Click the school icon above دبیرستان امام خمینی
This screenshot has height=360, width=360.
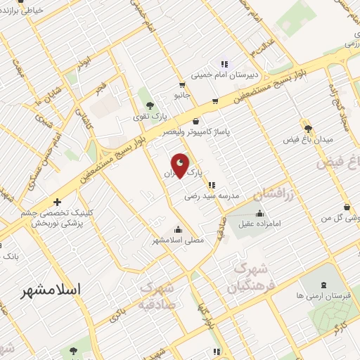pos(224,63)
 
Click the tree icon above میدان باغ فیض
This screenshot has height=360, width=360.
pos(307,128)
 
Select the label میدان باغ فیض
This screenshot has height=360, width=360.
pos(307,140)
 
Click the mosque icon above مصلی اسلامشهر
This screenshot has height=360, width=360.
pos(177,229)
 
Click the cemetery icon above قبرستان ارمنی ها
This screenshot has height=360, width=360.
pos(323,285)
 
